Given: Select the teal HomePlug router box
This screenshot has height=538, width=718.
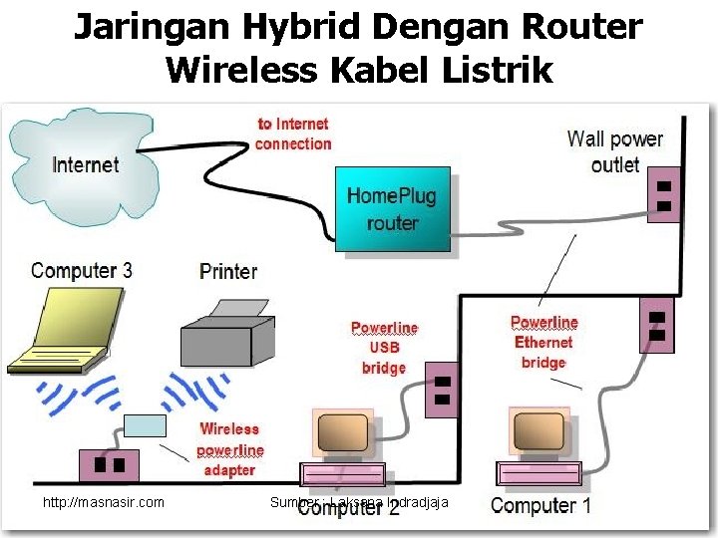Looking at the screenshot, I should tap(391, 208).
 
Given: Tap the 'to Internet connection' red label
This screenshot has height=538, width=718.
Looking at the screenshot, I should tap(293, 134).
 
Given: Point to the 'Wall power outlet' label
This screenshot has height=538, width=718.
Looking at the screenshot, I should tap(614, 151).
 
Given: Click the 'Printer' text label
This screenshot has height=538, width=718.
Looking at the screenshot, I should tap(228, 271).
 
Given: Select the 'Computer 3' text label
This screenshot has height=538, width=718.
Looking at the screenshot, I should tap(82, 270).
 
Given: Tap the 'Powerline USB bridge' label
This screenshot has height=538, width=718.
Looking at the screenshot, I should tap(384, 347).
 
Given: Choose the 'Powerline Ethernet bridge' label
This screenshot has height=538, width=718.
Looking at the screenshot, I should tap(543, 342).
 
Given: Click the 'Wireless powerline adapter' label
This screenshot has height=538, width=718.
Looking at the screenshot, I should tap(230, 448).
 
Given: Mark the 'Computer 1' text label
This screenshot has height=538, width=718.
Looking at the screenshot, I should tap(541, 505).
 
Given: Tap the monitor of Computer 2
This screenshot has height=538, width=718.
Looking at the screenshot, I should tap(342, 433).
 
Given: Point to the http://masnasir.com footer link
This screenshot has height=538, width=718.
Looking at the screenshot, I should tap(104, 502).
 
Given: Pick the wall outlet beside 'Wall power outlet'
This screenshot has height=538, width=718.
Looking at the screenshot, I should tap(663, 195).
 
